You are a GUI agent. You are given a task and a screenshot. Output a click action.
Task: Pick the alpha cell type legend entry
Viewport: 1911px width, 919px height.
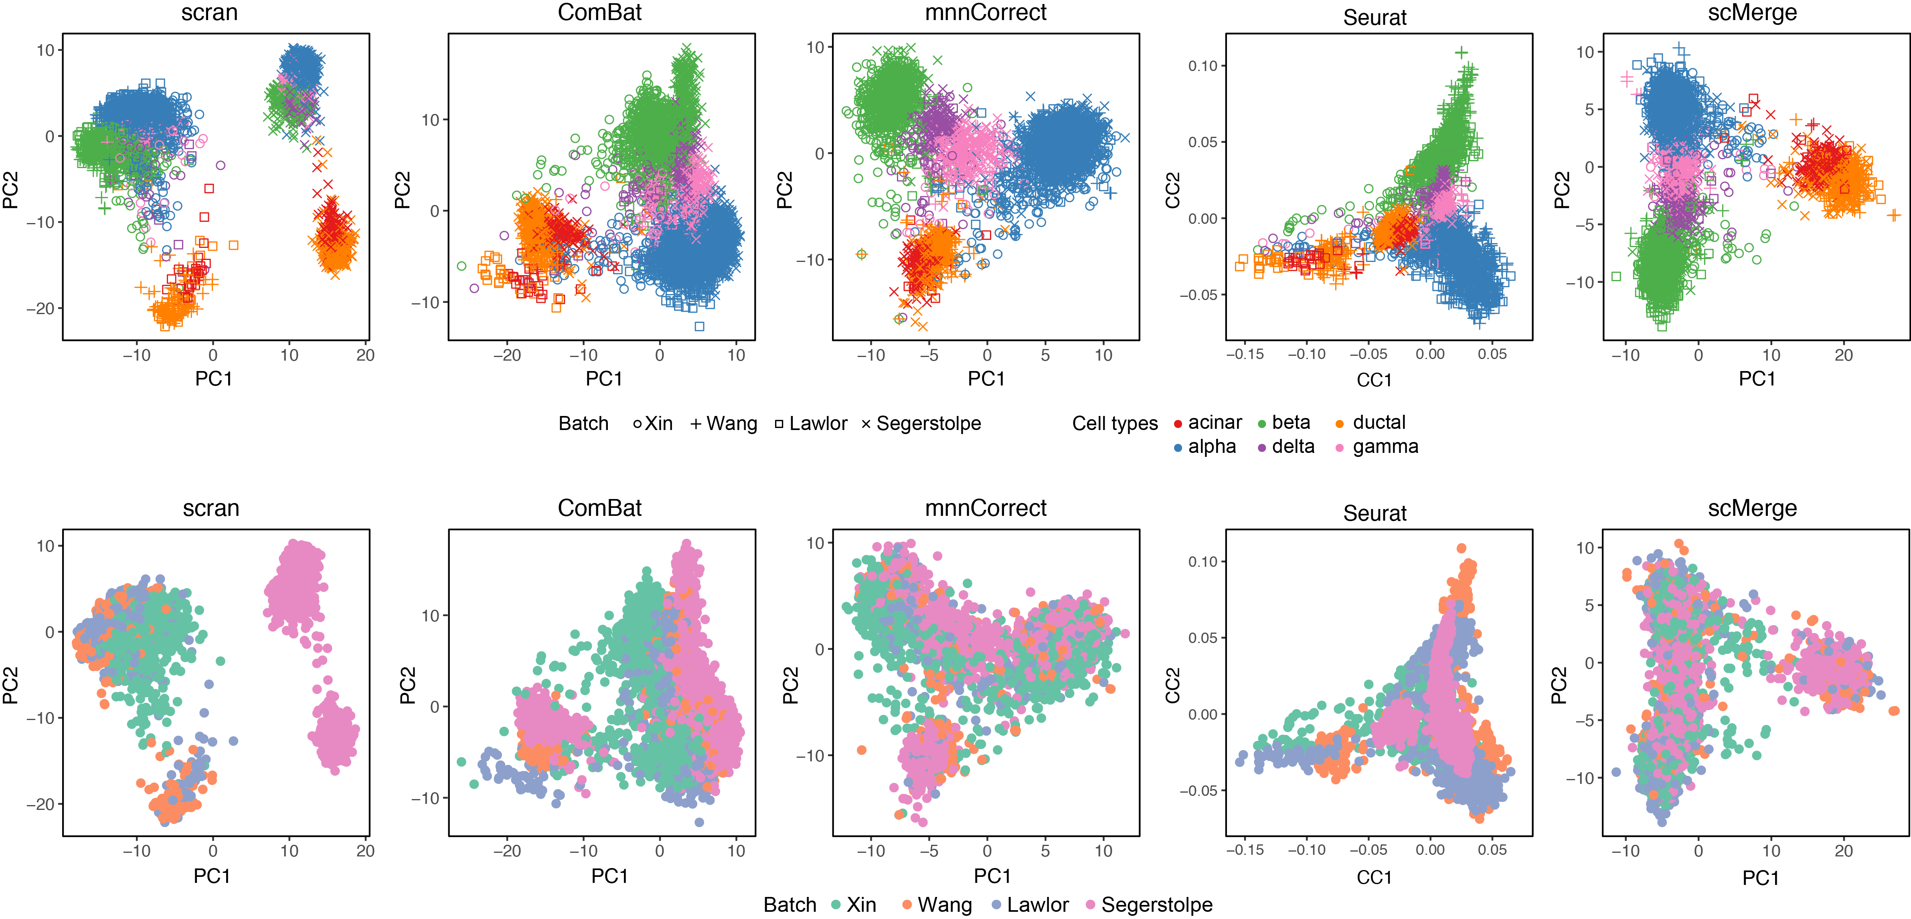(1205, 447)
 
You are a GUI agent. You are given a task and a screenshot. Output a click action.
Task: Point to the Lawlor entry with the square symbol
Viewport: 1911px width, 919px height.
(811, 424)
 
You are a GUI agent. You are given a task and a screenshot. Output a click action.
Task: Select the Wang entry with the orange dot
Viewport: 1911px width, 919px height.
(937, 905)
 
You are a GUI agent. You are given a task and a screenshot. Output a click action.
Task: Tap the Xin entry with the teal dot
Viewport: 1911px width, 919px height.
(854, 905)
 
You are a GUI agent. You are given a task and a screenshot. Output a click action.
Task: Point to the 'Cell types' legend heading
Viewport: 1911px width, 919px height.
(1114, 424)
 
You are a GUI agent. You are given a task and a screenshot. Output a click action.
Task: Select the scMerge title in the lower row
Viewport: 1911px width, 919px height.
(1752, 509)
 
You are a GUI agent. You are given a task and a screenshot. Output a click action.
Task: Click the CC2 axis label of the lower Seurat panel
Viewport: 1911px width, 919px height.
(1172, 685)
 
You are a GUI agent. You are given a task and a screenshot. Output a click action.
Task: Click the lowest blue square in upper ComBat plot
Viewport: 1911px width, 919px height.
(699, 326)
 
